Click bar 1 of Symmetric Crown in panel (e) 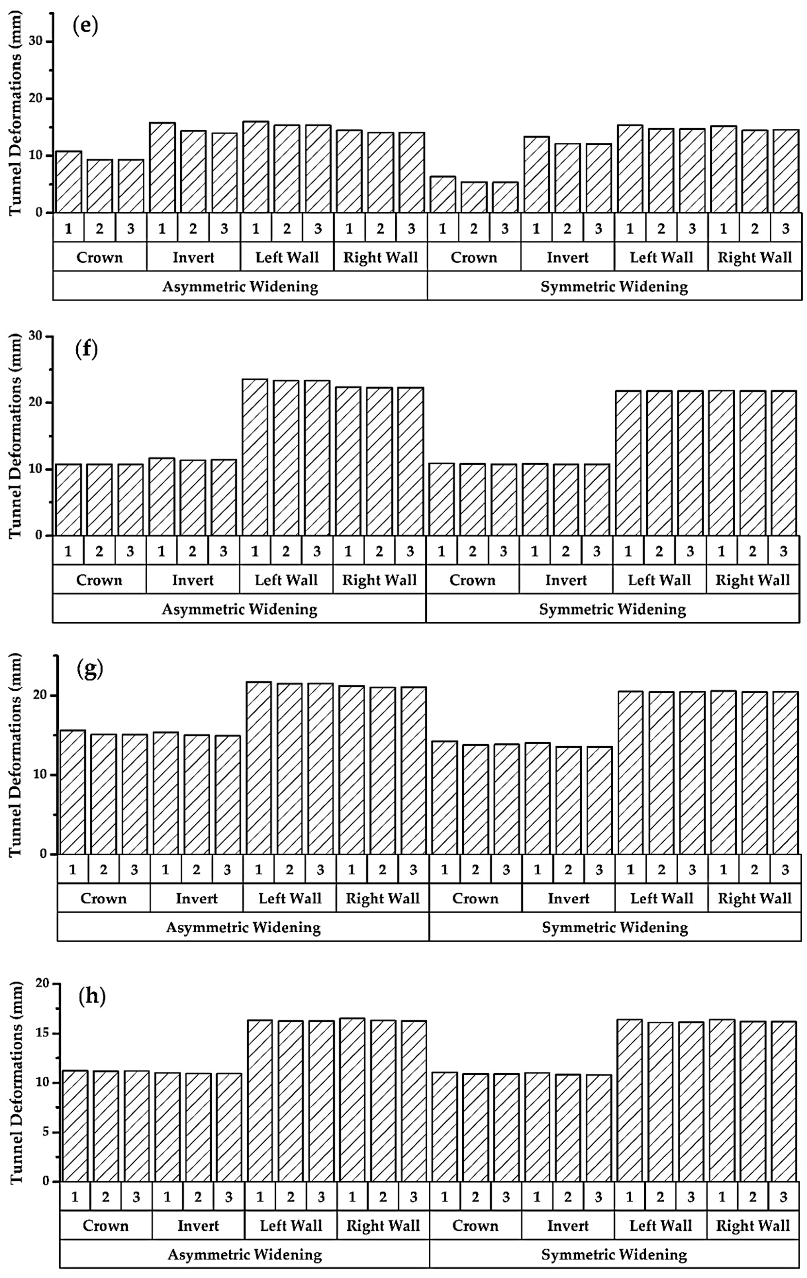coord(442,194)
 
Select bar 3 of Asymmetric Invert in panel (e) coord(224,173)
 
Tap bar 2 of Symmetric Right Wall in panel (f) coord(752,463)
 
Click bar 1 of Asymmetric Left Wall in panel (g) coord(258,768)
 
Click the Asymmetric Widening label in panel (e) coord(240,287)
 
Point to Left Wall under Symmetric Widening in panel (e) coord(661,257)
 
